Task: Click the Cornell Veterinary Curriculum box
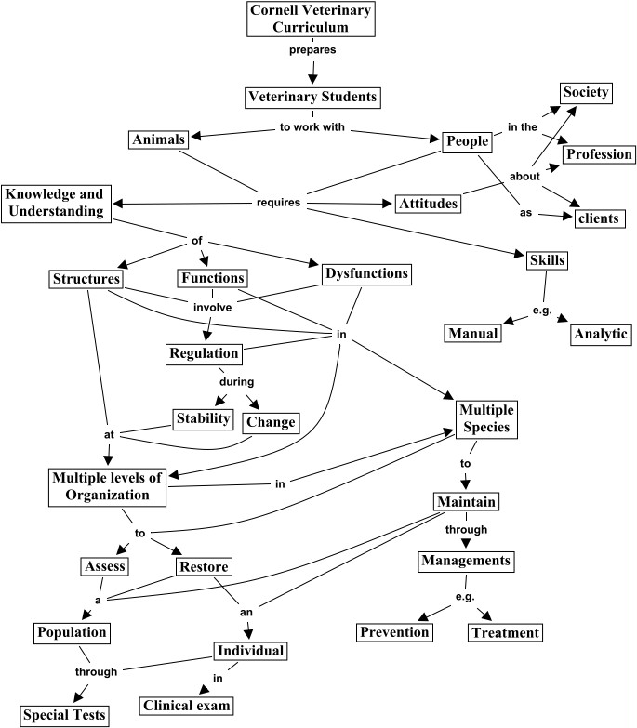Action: pos(311,19)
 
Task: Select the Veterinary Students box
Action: pos(312,98)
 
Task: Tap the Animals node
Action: pos(158,139)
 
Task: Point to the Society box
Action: pos(586,93)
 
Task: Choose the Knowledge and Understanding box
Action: pos(56,204)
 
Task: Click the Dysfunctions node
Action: pos(366,274)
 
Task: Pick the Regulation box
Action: pos(204,354)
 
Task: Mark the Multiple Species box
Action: pos(486,419)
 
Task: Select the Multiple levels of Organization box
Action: pos(107,487)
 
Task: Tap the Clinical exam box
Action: pos(186,706)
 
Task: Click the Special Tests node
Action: pos(64,715)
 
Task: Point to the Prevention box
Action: pos(394,632)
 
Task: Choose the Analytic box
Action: pos(601,335)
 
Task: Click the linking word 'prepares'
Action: pos(312,49)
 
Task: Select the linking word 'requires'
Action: pos(279,203)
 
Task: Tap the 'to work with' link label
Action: pos(312,126)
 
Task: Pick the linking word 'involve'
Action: pos(213,308)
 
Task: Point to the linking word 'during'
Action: pos(237,381)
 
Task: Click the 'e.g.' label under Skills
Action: pos(542,311)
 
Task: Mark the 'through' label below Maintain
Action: pos(466,529)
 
